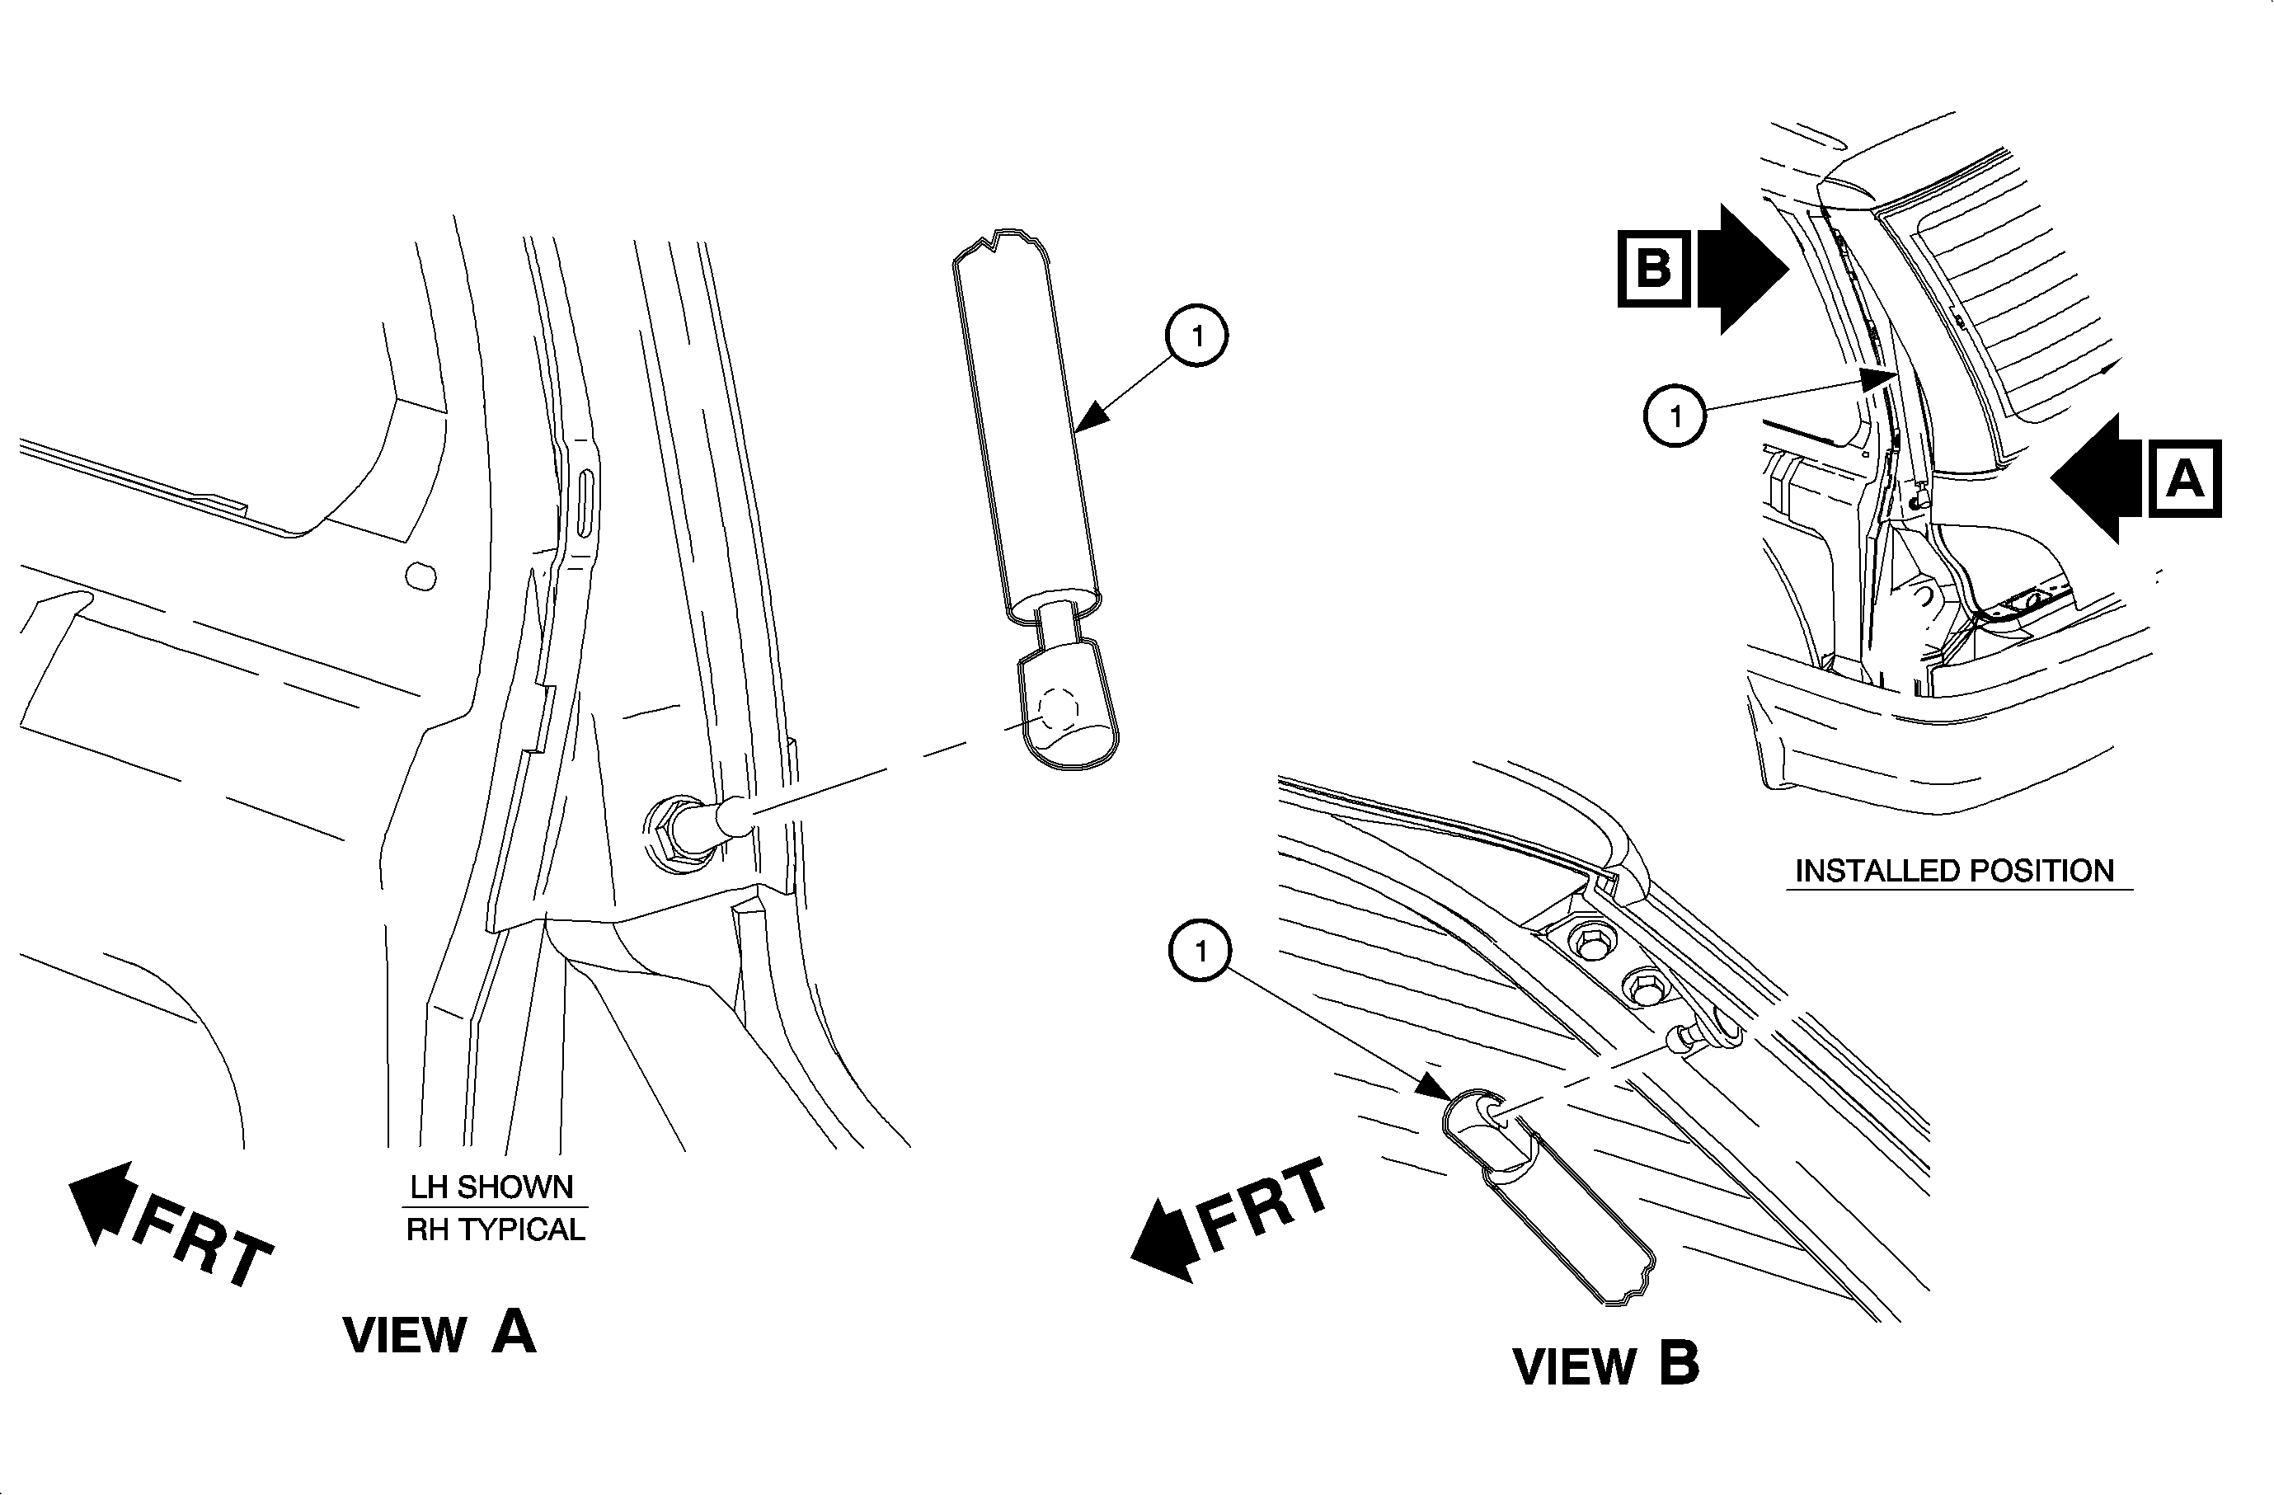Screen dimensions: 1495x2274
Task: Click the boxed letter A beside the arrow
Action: [2184, 477]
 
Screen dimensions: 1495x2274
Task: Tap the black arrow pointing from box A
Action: [2098, 477]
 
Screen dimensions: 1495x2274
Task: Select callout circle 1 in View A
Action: [1196, 336]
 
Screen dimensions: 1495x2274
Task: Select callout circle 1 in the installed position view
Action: [1675, 416]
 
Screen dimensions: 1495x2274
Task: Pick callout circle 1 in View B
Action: [1200, 951]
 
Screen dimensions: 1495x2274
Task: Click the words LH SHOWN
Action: [492, 1187]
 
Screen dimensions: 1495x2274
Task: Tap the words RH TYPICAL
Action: [495, 1229]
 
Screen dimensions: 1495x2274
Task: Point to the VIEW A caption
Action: [439, 1333]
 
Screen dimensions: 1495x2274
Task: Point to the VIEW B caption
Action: [1606, 1364]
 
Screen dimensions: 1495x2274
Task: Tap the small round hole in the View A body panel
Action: [421, 577]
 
